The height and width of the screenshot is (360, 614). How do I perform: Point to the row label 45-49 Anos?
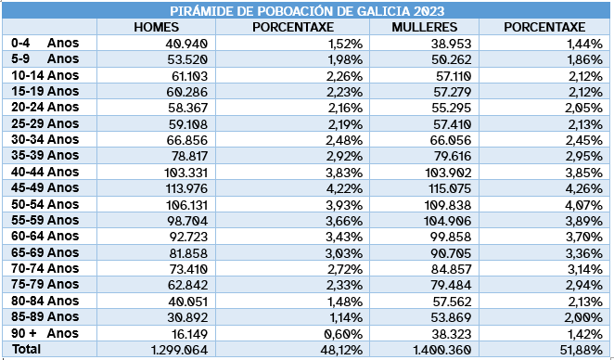(x=45, y=187)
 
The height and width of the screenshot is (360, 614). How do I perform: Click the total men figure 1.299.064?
(x=177, y=349)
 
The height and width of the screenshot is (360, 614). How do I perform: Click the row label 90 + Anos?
(x=45, y=333)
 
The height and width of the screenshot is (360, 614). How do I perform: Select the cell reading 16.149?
(x=187, y=333)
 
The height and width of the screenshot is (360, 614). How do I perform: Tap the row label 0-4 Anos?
(x=45, y=44)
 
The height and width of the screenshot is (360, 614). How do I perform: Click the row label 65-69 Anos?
(x=45, y=252)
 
